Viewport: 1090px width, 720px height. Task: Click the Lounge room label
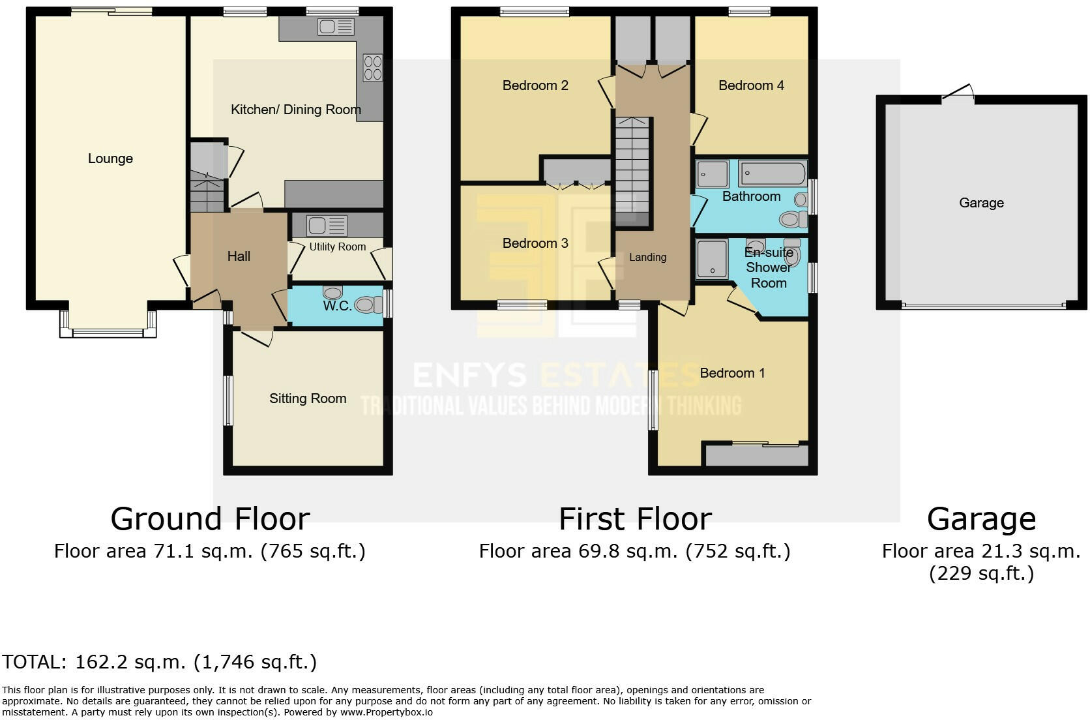pos(110,158)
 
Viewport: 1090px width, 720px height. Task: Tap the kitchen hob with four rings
pos(373,68)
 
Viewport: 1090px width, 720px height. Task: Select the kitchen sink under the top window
pos(336,27)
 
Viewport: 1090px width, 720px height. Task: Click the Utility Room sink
pos(327,226)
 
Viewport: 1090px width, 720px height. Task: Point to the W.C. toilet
pos(368,305)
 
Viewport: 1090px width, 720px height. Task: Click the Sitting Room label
pos(308,398)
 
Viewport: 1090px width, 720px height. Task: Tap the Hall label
pos(239,256)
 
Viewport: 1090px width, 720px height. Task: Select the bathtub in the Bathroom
pos(772,173)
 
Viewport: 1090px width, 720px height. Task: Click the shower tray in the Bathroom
pos(713,173)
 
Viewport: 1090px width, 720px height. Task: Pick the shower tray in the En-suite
pos(712,259)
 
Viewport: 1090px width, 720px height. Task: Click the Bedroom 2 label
pos(535,85)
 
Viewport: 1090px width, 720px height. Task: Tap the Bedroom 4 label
pos(751,85)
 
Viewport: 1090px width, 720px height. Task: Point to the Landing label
pos(647,258)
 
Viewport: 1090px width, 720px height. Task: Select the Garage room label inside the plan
pos(982,203)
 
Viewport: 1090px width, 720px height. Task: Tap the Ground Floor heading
pos(210,519)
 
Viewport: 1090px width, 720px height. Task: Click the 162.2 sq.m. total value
pos(130,662)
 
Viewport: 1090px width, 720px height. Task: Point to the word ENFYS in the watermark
pos(469,376)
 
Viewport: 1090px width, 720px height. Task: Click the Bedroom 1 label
pos(732,374)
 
